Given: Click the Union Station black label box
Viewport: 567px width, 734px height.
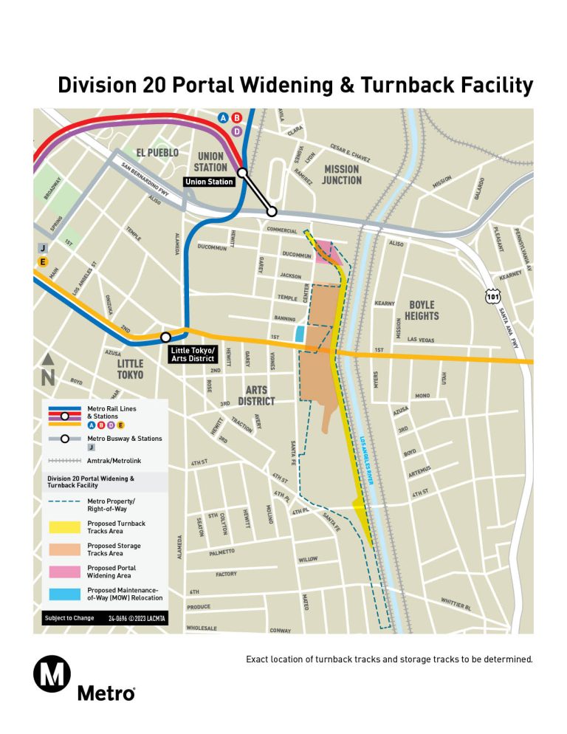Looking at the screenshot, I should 209,182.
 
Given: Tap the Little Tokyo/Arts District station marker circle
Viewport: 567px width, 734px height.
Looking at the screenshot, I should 165,337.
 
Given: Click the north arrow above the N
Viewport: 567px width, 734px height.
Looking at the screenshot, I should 48,360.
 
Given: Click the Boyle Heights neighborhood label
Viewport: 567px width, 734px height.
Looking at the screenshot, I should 422,310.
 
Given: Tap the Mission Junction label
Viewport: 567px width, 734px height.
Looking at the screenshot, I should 341,174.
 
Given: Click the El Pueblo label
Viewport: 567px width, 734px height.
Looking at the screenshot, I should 157,153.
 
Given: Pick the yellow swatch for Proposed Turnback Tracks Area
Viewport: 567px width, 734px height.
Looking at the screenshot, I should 64,527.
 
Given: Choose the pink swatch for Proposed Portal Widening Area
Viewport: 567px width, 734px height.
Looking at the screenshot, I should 64,572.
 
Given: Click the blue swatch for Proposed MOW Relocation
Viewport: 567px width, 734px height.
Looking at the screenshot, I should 64,594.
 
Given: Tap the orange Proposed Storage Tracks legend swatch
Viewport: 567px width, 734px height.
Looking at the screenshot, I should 64,549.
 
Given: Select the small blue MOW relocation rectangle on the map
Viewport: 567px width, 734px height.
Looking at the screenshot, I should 300,334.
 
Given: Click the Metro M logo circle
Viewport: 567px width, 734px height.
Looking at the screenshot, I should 52,674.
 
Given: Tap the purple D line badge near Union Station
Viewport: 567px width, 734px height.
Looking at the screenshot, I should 237,131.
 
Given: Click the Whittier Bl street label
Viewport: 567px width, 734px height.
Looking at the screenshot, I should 455,603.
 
